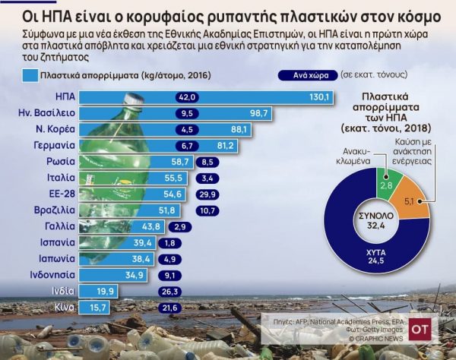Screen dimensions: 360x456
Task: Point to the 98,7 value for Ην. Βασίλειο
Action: [x=260, y=113]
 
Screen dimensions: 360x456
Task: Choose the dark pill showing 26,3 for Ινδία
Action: [x=169, y=290]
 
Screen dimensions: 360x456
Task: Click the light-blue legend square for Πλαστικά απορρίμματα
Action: [x=30, y=75]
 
